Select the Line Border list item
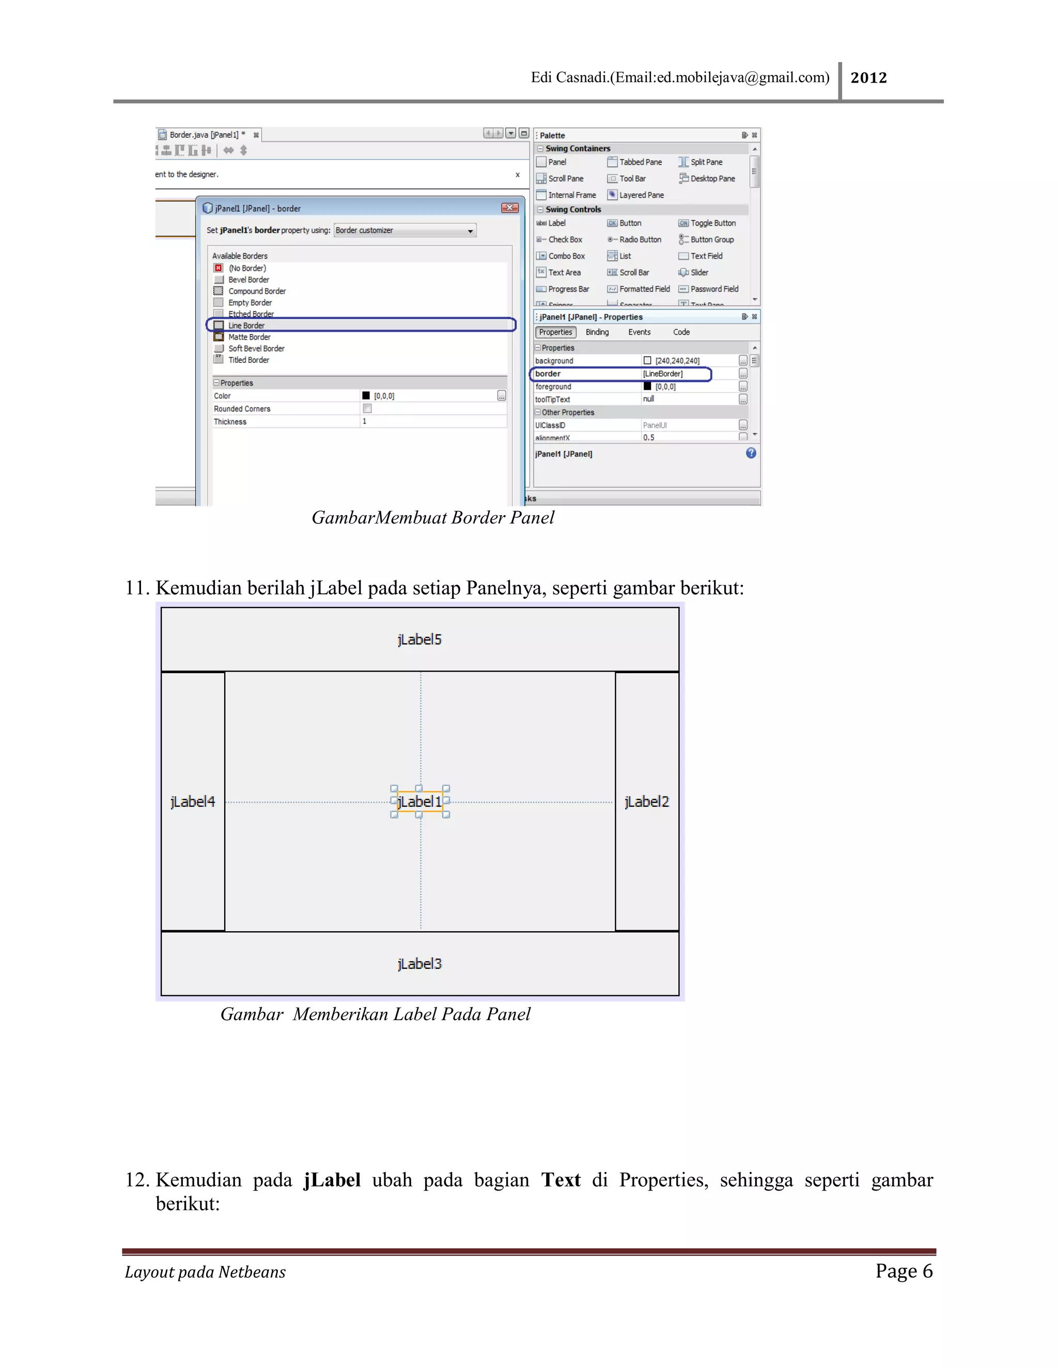(246, 326)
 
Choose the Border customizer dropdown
(405, 231)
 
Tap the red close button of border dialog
(509, 208)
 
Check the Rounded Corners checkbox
(367, 408)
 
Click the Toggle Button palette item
(712, 223)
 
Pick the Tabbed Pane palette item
(640, 162)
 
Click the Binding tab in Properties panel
(597, 332)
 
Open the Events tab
(640, 332)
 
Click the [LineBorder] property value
(663, 374)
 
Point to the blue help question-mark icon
(751, 453)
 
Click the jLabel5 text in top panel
(419, 640)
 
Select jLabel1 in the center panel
(419, 802)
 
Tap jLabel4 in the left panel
(192, 802)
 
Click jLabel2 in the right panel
(646, 802)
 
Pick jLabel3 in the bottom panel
(419, 964)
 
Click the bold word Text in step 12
(561, 1180)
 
